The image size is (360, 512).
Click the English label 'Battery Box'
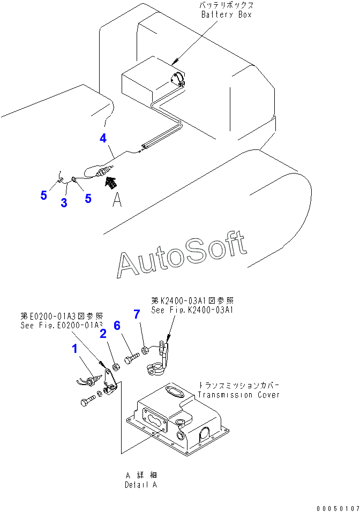click(x=227, y=14)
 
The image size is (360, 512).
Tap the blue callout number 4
click(x=103, y=138)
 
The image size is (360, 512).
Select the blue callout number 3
click(x=64, y=203)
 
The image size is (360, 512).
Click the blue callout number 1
click(x=75, y=349)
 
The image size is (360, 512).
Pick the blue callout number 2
click(x=103, y=333)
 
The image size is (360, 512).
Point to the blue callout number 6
click(x=117, y=325)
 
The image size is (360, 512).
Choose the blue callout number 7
click(x=137, y=314)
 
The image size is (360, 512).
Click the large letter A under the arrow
click(x=117, y=200)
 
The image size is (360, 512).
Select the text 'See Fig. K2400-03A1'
click(x=192, y=310)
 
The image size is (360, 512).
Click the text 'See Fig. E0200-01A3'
click(x=62, y=325)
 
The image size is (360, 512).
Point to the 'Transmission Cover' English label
click(x=238, y=395)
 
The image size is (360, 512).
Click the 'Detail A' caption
click(x=141, y=485)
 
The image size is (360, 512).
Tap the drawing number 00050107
click(x=337, y=508)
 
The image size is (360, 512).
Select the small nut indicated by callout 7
click(x=145, y=351)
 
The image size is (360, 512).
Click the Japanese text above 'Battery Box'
click(x=227, y=5)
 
